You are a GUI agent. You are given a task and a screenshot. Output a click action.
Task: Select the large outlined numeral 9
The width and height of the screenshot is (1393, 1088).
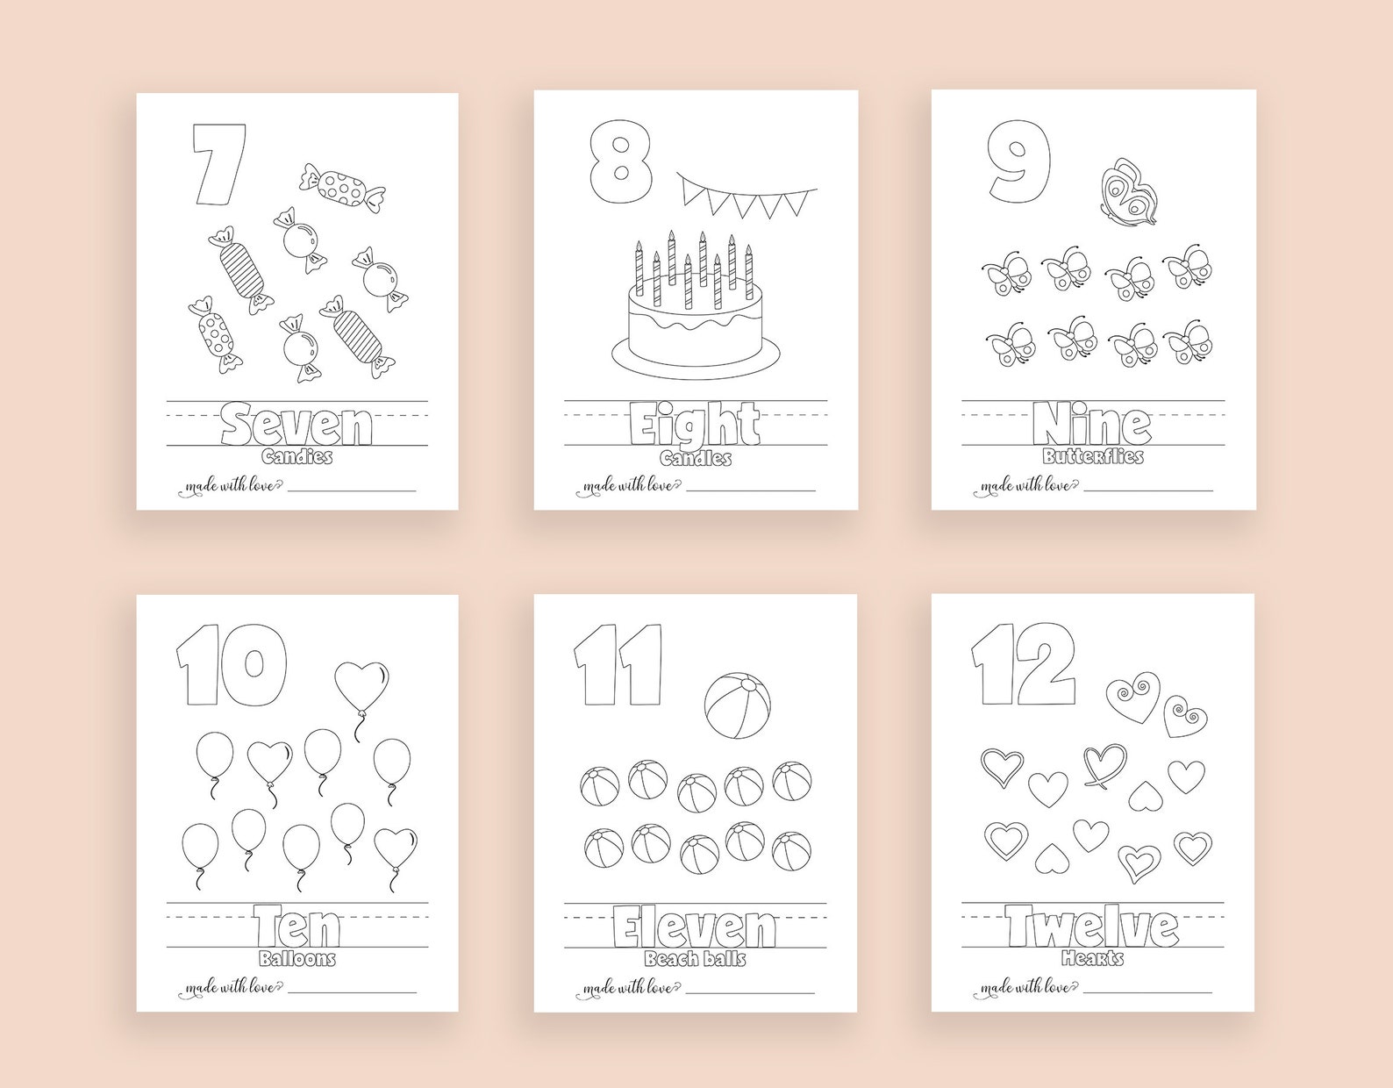pos(1018,161)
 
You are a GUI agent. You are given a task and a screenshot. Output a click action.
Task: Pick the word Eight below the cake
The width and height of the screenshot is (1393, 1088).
pos(696,426)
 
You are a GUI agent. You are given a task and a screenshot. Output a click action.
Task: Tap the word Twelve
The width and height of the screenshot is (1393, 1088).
pos(1092,927)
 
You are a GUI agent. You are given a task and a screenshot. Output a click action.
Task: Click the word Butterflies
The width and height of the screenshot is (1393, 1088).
pos(1093,457)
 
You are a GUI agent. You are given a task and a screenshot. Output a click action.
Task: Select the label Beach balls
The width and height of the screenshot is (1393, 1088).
pos(695,959)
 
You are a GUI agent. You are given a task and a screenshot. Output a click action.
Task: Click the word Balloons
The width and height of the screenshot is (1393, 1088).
pos(297,959)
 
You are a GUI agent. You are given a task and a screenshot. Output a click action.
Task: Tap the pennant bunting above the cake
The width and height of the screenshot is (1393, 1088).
pos(746,197)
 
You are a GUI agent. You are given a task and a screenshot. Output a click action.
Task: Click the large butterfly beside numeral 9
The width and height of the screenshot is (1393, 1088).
pos(1128,195)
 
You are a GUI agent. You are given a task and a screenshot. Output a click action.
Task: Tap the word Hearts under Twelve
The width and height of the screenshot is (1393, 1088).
pos(1092,958)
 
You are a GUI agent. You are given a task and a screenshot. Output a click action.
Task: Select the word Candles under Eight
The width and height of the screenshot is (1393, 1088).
pos(696,459)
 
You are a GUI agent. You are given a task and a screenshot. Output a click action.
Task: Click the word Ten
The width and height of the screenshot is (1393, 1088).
pos(297,927)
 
